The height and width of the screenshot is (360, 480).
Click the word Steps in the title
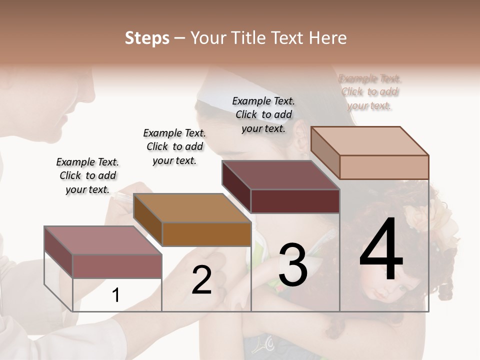tap(147, 38)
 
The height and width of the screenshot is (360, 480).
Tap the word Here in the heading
tap(327, 38)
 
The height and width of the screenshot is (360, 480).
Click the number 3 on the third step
tap(293, 265)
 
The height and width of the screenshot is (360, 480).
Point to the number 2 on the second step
tap(201, 280)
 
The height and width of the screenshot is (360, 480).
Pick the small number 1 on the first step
tap(116, 295)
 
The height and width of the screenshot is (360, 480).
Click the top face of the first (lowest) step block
tap(102, 240)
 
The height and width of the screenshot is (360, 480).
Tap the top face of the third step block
tap(280, 175)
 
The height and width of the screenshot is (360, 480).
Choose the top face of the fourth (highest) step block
tap(369, 141)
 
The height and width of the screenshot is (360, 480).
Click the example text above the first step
tap(87, 175)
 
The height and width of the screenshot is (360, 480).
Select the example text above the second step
tap(174, 146)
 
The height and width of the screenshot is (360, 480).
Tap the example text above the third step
tap(263, 114)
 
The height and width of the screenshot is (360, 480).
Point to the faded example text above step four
tap(369, 92)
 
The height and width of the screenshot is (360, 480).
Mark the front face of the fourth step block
tap(384, 167)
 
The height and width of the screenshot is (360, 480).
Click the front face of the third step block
tap(295, 201)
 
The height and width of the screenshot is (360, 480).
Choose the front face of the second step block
tap(206, 234)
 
